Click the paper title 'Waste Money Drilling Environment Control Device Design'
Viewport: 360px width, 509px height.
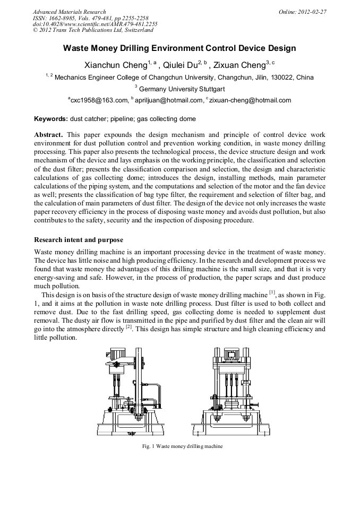179,48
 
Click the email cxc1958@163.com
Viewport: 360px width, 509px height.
99,100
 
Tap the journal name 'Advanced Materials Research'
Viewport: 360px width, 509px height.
69,11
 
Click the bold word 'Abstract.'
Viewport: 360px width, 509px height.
49,135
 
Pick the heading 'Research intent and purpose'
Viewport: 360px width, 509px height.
79,240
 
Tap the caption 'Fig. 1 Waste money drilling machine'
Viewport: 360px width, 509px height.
179,446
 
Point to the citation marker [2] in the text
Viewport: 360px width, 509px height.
128,327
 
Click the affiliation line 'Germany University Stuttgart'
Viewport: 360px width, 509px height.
181,89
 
